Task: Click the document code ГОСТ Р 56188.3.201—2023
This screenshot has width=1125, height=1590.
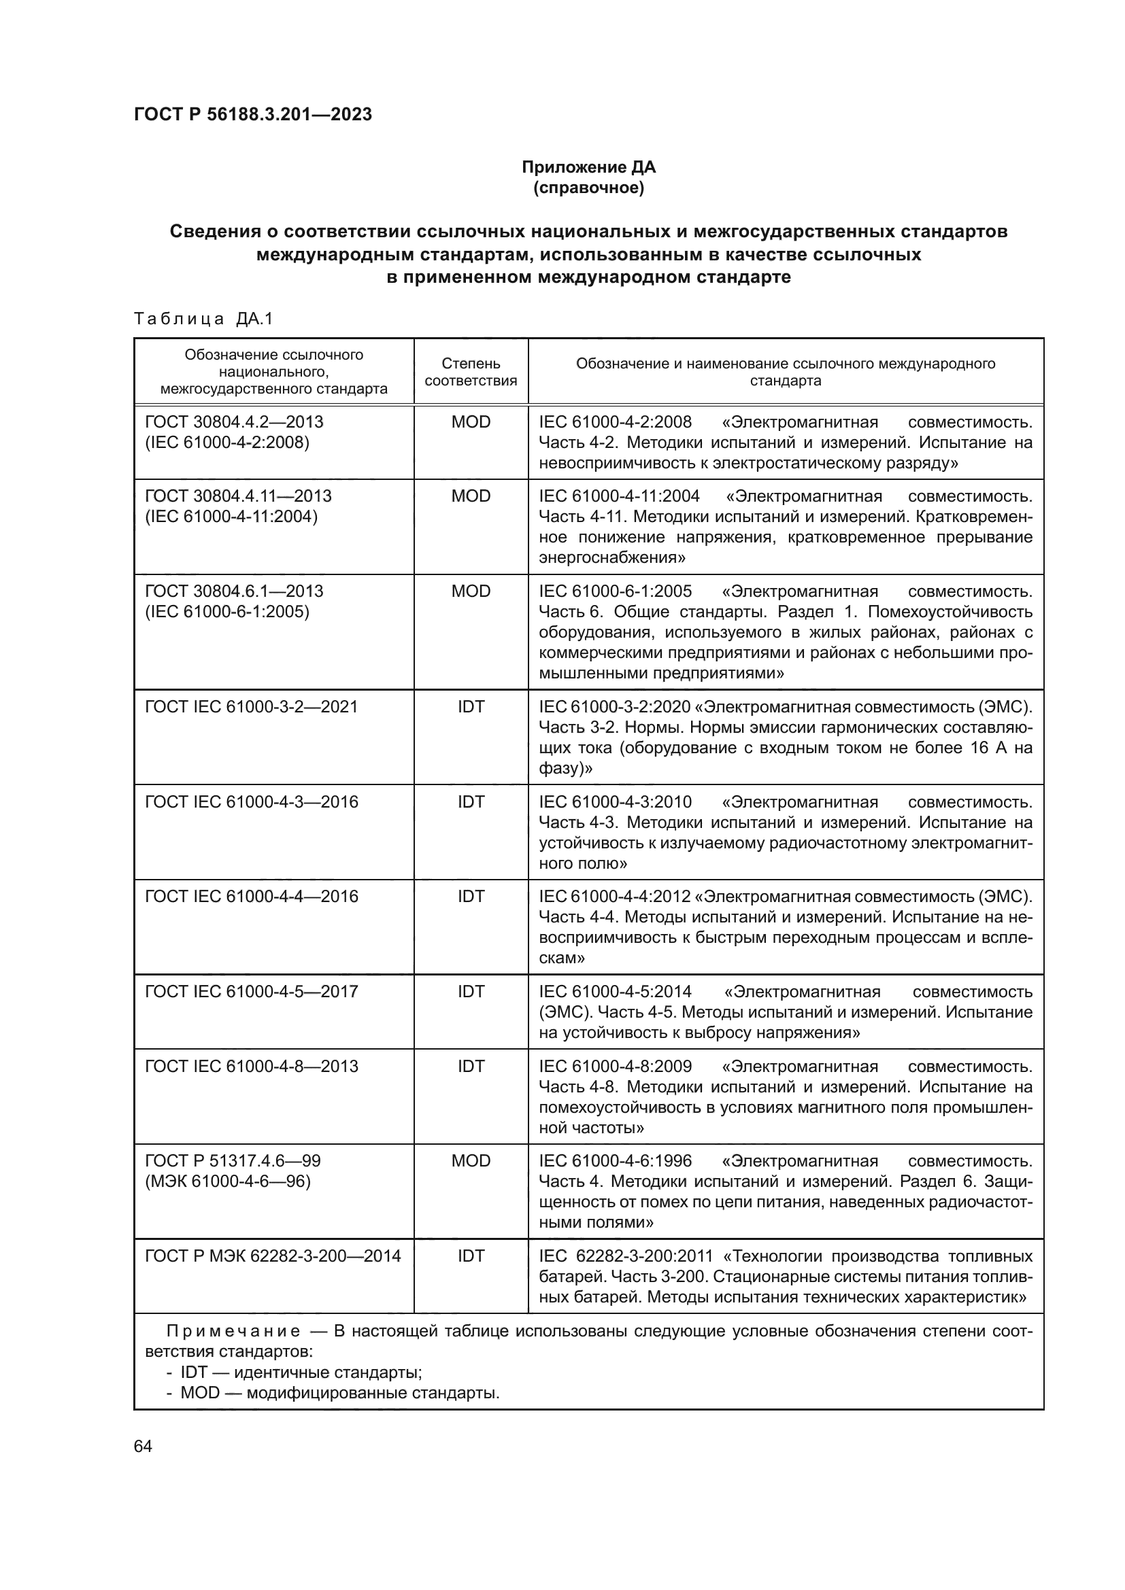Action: [253, 114]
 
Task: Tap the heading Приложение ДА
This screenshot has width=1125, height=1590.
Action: [588, 167]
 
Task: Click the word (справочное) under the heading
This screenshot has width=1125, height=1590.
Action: [588, 188]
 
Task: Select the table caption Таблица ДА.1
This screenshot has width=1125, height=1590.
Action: [203, 319]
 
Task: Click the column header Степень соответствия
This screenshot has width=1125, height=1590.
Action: [471, 372]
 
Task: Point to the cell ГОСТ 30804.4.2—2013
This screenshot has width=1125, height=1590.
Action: [234, 421]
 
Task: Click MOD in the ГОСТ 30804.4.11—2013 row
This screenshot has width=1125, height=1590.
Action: [471, 496]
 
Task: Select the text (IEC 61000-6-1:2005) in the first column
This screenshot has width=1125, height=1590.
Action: [227, 612]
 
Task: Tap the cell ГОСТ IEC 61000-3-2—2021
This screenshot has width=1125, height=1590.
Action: [251, 706]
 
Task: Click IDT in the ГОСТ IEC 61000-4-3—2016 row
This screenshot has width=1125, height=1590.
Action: [471, 801]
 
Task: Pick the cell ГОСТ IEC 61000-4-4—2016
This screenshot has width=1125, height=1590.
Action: [252, 896]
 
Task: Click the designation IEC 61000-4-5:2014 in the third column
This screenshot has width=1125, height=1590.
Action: [615, 992]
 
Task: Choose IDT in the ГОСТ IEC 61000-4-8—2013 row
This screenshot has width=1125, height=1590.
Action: [471, 1066]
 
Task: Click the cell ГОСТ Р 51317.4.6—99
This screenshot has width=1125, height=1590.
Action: [233, 1160]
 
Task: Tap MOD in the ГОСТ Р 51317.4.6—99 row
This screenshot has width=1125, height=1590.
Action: [471, 1160]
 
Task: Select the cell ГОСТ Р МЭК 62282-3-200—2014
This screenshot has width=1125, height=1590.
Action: [273, 1256]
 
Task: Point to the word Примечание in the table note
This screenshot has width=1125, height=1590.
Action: [233, 1331]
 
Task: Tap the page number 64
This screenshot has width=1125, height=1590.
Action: [143, 1446]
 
